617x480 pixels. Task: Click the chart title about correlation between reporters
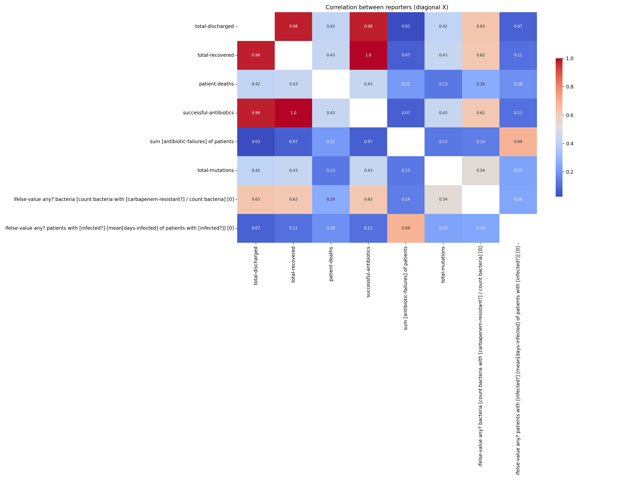point(387,7)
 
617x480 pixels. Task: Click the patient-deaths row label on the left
point(216,84)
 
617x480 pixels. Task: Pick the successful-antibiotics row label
point(208,113)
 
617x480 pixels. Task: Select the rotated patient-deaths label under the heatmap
point(331,264)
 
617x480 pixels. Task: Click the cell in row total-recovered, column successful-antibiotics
point(368,55)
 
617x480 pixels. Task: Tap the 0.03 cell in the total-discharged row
point(406,26)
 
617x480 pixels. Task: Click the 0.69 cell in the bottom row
point(406,228)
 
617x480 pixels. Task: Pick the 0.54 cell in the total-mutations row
point(481,170)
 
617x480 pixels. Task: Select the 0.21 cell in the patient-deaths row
point(406,84)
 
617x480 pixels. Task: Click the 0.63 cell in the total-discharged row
point(481,26)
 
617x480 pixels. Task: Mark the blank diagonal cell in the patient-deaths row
point(331,84)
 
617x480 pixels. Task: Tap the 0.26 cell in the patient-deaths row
point(481,84)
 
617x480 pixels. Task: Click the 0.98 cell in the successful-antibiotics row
point(256,113)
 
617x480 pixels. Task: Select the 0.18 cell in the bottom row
point(331,228)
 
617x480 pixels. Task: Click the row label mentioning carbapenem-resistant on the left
point(124,199)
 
